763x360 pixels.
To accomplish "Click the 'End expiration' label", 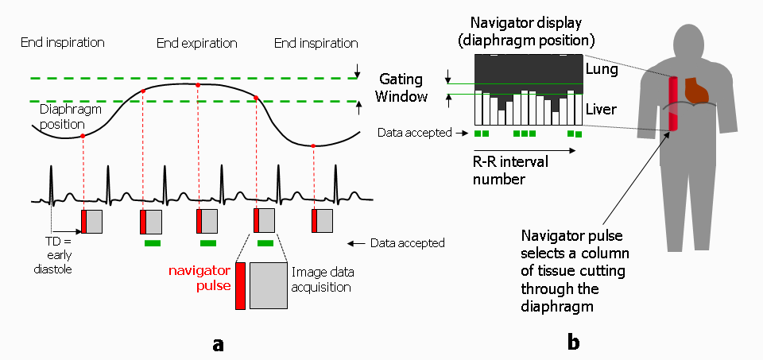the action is tap(196, 44).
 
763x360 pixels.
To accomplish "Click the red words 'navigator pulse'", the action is tap(199, 278).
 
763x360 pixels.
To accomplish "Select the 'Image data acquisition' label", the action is tap(320, 280).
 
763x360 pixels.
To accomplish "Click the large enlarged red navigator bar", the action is tap(240, 285).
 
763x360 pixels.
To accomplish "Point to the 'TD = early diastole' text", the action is tap(52, 254).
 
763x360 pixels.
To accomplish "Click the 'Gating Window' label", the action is tap(401, 88).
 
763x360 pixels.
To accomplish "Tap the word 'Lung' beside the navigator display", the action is tap(602, 70).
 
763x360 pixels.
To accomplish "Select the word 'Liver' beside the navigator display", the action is tap(601, 109).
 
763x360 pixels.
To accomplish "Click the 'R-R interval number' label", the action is tap(511, 170).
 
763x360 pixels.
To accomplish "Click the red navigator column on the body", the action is tap(673, 103).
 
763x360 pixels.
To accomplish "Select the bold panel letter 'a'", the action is tap(218, 344).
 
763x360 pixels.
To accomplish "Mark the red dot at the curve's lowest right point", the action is tap(313, 145).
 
